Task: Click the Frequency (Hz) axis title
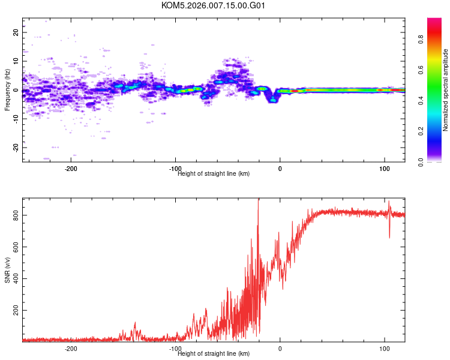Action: pyautogui.click(x=7, y=90)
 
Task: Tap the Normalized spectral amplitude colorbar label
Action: pyautogui.click(x=446, y=90)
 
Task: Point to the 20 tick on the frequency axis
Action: pyautogui.click(x=16, y=32)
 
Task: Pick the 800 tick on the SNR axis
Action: pyautogui.click(x=16, y=215)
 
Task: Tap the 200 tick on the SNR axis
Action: pyautogui.click(x=16, y=310)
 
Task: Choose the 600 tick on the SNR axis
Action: pyautogui.click(x=16, y=247)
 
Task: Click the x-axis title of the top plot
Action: pyautogui.click(x=214, y=174)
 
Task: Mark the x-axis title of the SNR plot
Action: pyautogui.click(x=214, y=354)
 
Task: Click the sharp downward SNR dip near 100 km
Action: pyautogui.click(x=389, y=236)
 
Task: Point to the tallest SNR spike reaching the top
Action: pyautogui.click(x=259, y=200)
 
